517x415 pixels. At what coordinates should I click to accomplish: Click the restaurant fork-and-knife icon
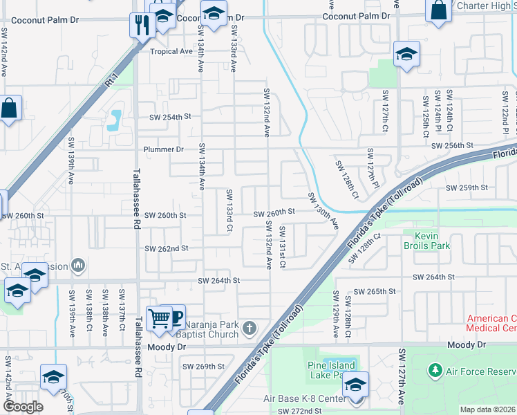[142, 26]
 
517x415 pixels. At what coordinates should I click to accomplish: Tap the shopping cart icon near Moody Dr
[160, 319]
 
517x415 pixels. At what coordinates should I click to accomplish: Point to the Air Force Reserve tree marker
[435, 371]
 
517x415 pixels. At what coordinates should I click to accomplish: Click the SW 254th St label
[169, 117]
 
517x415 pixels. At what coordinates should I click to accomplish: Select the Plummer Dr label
[163, 149]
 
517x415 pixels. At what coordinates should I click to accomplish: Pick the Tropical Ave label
[171, 52]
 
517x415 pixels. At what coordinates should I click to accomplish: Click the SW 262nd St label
[166, 248]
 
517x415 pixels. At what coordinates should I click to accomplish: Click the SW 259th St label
[467, 187]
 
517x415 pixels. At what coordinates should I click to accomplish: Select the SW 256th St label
[451, 146]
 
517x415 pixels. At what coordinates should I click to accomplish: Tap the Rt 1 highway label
[111, 81]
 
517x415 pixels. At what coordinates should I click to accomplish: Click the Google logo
[23, 407]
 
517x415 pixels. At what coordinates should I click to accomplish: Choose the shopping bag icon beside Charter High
[439, 11]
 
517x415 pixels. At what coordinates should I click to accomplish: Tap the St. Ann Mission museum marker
[77, 264]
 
